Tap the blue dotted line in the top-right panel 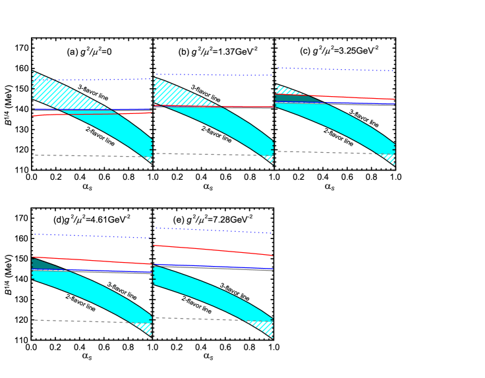(x=336, y=69)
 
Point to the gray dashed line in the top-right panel (x=329, y=152)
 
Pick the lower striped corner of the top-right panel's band (x=390, y=159)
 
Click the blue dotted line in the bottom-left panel (x=92, y=236)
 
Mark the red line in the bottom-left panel (x=92, y=261)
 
